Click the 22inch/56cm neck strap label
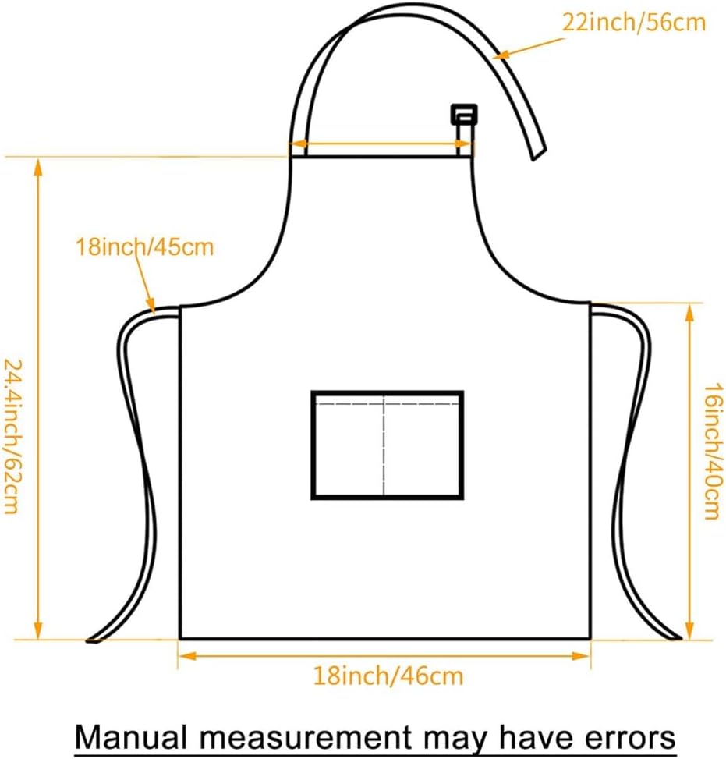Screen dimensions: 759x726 click(x=633, y=22)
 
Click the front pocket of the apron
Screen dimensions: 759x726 click(x=388, y=445)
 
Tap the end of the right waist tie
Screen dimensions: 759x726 click(x=675, y=637)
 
